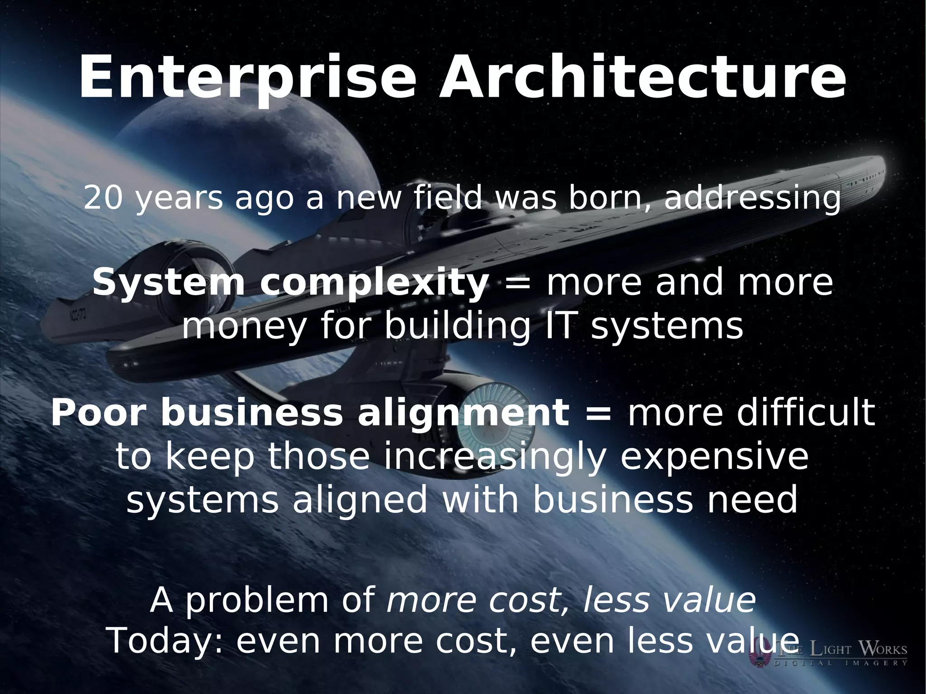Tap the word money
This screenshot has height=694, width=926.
point(244,326)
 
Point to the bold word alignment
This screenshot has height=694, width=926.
point(463,414)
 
